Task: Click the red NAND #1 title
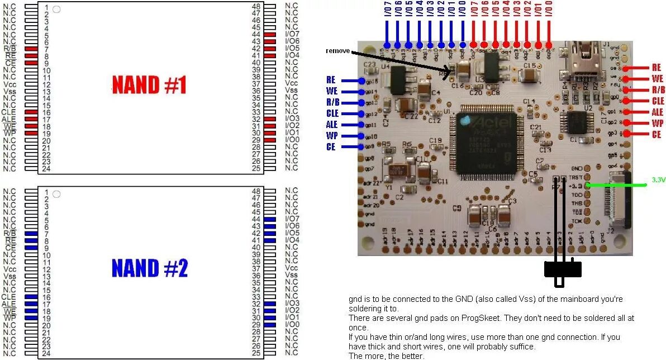(x=149, y=86)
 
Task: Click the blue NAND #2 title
(x=149, y=269)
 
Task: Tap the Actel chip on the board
(x=484, y=142)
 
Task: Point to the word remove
(x=338, y=51)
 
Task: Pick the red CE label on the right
(x=656, y=135)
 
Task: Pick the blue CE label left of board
(x=331, y=147)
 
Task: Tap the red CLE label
(x=658, y=101)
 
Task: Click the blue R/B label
(x=332, y=102)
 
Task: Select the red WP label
(x=657, y=124)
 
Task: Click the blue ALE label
(x=332, y=125)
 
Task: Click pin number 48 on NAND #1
(x=256, y=6)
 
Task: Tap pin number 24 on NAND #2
(x=46, y=353)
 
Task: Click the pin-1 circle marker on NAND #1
(x=56, y=9)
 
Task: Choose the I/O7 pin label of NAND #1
(x=292, y=34)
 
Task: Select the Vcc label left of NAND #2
(x=10, y=268)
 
